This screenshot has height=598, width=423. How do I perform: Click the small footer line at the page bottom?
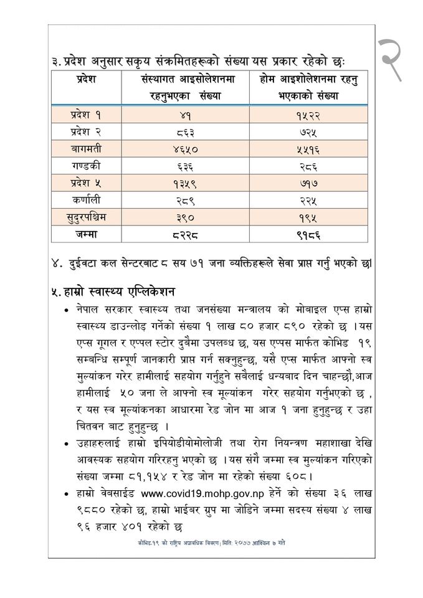point(212,543)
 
